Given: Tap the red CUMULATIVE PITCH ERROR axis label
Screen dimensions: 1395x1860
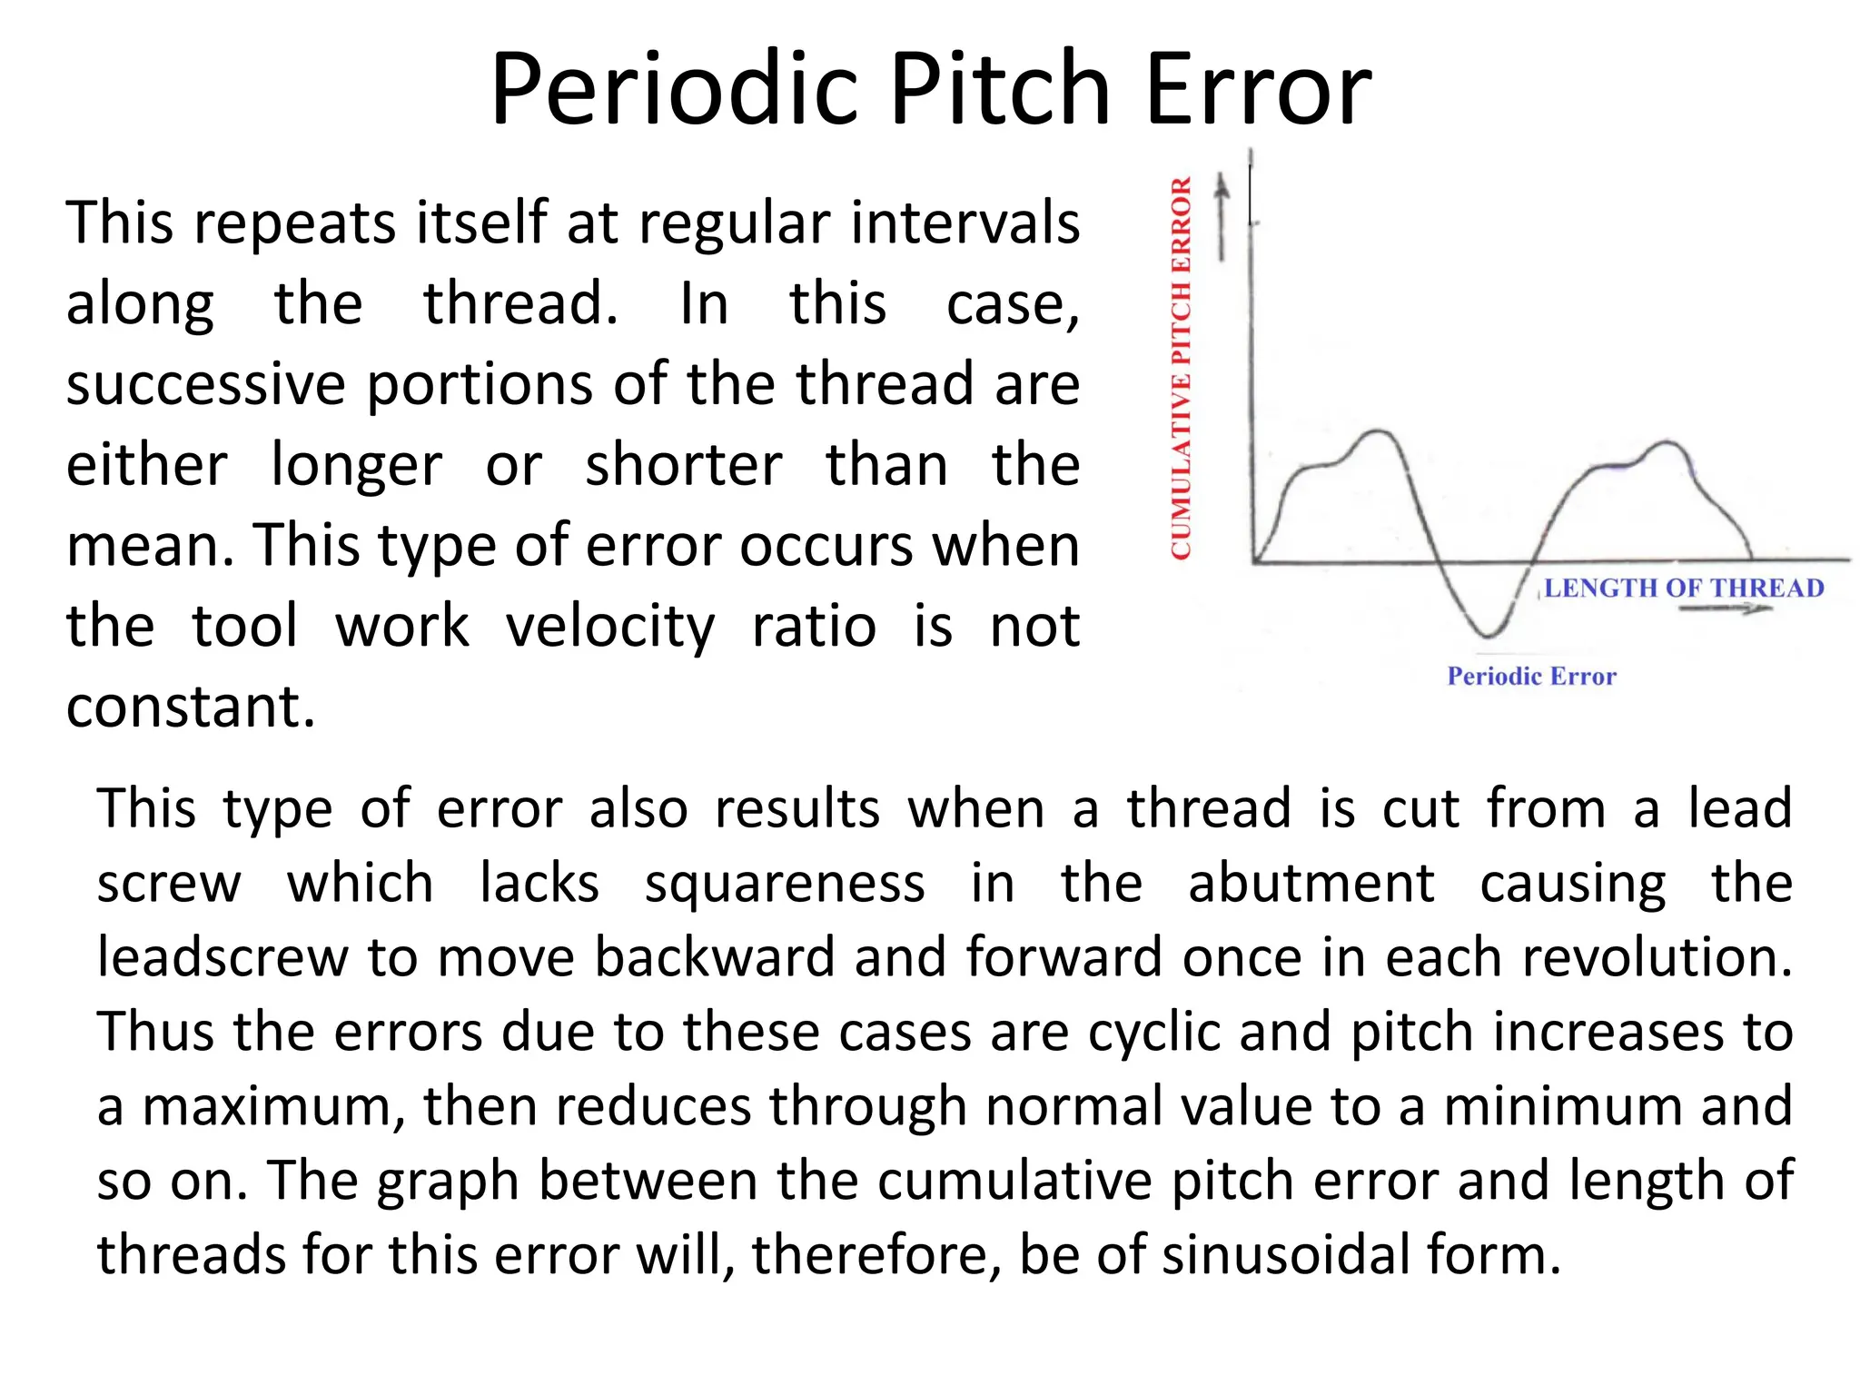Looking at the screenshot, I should pyautogui.click(x=1181, y=368).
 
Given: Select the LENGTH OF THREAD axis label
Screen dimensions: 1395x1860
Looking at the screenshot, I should pyautogui.click(x=1684, y=589).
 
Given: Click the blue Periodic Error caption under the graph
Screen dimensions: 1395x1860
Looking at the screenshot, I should pyautogui.click(x=1531, y=676).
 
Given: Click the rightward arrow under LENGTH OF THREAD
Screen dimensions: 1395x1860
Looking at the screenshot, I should pyautogui.click(x=1726, y=608).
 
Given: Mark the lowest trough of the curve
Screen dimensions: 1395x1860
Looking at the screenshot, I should pyautogui.click(x=1487, y=632).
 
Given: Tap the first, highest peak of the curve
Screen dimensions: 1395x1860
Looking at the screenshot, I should pyautogui.click(x=1379, y=431).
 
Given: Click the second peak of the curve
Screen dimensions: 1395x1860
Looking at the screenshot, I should pyautogui.click(x=1667, y=442).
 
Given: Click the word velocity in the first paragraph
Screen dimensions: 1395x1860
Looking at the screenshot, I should pyautogui.click(x=610, y=627).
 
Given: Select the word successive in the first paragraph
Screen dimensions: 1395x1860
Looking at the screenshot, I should pyautogui.click(x=205, y=385).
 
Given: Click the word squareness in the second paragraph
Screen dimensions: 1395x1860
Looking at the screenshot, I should pyautogui.click(x=785, y=884).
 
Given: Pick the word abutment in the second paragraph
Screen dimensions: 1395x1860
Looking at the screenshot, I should pyautogui.click(x=1311, y=884).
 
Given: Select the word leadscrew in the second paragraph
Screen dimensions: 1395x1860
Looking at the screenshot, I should pyautogui.click(x=222, y=958).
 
